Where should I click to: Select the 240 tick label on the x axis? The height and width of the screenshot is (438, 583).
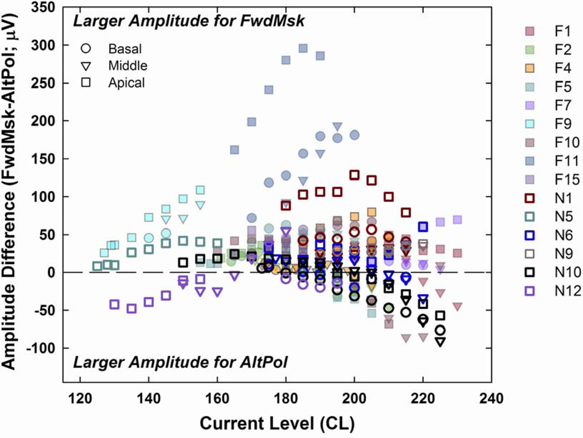tap(491, 399)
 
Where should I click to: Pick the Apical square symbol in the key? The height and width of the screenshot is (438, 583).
tap(86, 83)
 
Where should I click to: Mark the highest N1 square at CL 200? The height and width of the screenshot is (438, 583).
tap(354, 175)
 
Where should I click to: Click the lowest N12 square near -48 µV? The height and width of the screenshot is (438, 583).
tap(132, 308)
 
